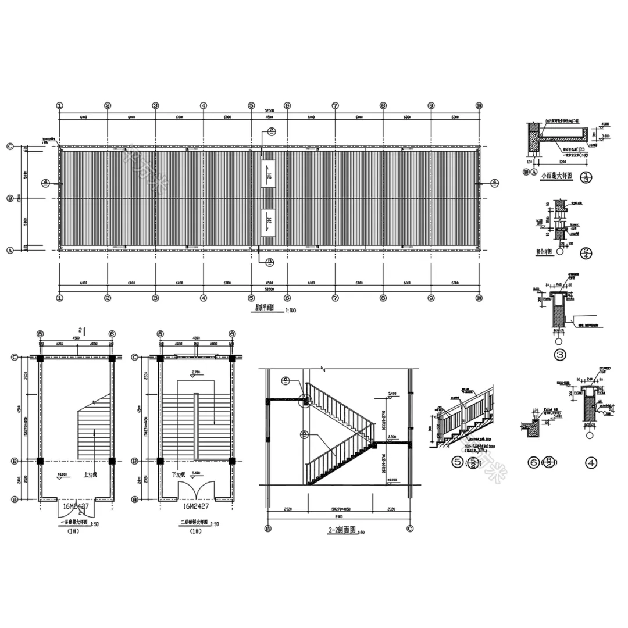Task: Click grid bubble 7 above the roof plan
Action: pyautogui.click(x=336, y=106)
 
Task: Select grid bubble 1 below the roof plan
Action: pyautogui.click(x=59, y=298)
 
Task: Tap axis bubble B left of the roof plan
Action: pyautogui.click(x=10, y=198)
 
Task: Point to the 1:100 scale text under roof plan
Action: pyautogui.click(x=290, y=311)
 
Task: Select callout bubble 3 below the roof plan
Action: pyautogui.click(x=270, y=262)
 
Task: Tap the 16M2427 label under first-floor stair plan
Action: pyautogui.click(x=76, y=507)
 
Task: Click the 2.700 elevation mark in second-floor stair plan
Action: pyautogui.click(x=196, y=371)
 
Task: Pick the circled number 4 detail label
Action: pyautogui.click(x=591, y=463)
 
